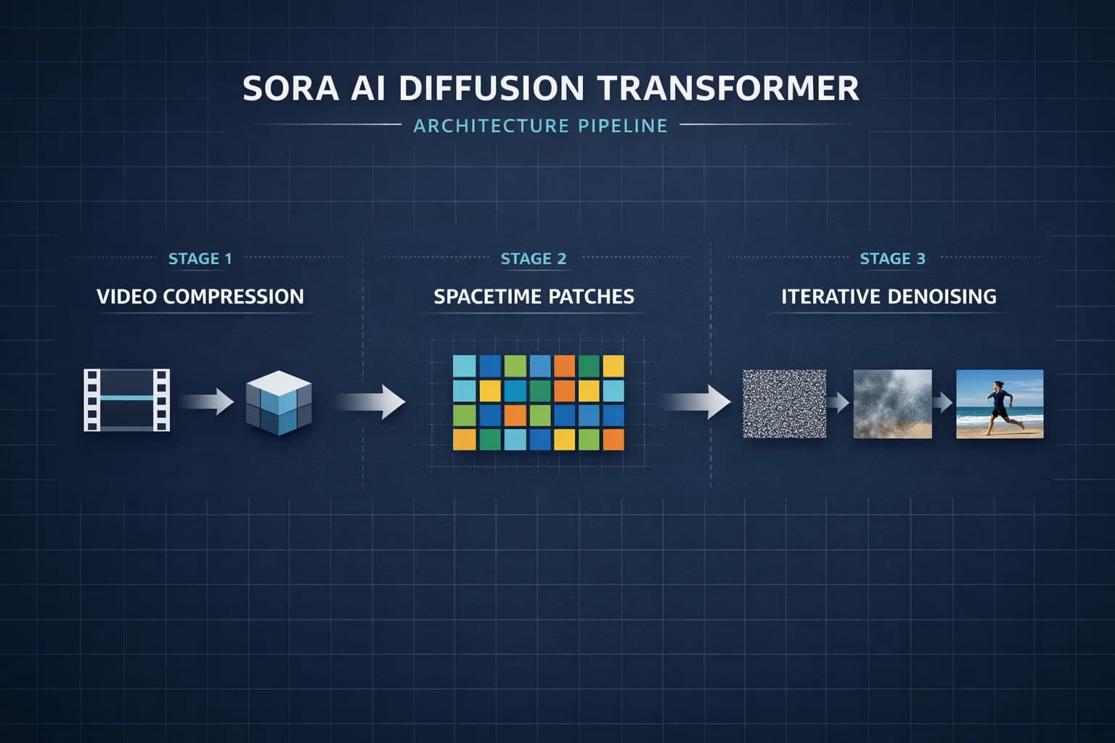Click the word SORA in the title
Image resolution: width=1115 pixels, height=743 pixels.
coord(290,89)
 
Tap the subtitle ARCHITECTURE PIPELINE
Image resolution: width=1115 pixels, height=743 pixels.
coord(540,126)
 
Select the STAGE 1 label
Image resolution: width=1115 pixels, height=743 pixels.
coord(200,259)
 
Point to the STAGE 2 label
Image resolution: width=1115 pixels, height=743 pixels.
coord(534,259)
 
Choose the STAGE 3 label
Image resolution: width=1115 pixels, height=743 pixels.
coord(892,259)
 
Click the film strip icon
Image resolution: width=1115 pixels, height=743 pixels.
coord(127,400)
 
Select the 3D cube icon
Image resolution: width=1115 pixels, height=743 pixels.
coord(279,403)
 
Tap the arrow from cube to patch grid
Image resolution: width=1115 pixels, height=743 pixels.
coord(371,401)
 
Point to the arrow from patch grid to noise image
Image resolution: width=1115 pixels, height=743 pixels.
coord(697,401)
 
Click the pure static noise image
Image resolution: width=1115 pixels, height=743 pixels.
coord(784,403)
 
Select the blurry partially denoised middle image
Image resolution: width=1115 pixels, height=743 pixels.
coord(892,403)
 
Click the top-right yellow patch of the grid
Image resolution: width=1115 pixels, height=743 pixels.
coord(613,366)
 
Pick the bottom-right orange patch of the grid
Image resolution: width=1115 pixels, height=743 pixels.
coord(613,440)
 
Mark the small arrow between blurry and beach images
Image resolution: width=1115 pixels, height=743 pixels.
coord(942,402)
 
